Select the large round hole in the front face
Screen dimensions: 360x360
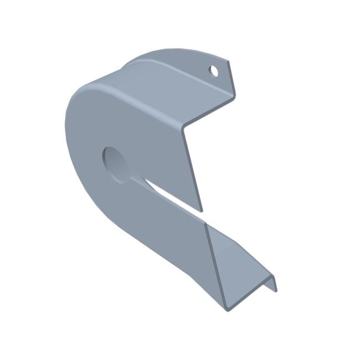point(116,164)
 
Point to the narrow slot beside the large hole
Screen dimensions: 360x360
point(166,193)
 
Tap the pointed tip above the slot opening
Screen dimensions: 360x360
point(202,211)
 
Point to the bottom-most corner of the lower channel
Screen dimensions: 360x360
point(227,311)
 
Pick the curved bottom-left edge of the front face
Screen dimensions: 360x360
point(94,205)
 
